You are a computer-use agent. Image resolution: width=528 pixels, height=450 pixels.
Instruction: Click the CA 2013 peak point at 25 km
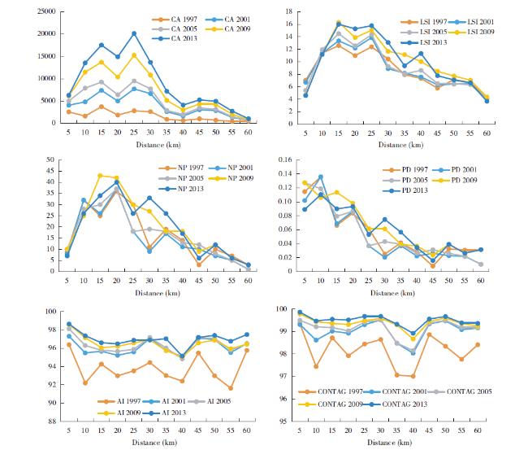point(134,33)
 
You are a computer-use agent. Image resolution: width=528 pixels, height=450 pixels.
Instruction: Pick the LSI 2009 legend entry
point(461,30)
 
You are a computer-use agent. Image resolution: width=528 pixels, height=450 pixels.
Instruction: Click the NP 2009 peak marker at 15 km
point(101,176)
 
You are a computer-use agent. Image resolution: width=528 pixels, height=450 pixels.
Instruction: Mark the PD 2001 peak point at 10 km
point(321,177)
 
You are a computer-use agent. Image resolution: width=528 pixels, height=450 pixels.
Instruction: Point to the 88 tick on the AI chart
point(50,421)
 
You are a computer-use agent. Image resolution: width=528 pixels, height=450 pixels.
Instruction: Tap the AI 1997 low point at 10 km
point(84,382)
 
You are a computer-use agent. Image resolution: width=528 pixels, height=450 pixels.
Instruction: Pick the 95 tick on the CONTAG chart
point(285,421)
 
